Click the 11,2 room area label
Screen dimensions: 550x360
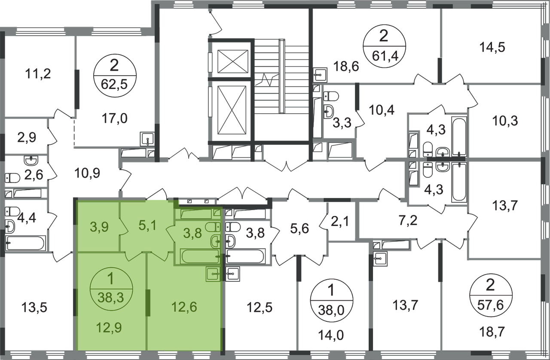pos(38,73)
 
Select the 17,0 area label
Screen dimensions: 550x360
pos(115,119)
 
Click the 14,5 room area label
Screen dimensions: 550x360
pos(492,47)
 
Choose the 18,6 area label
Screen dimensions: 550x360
pos(346,66)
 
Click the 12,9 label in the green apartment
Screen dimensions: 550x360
pos(109,328)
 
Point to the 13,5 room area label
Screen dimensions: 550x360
pos(34,308)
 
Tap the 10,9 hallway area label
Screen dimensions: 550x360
pos(87,173)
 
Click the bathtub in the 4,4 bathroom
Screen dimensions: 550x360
pos(26,243)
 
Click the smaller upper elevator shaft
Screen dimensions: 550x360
pos(233,61)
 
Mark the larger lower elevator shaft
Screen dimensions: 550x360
pos(232,110)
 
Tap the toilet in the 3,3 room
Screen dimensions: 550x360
pos(331,96)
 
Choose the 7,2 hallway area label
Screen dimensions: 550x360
pos(408,220)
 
